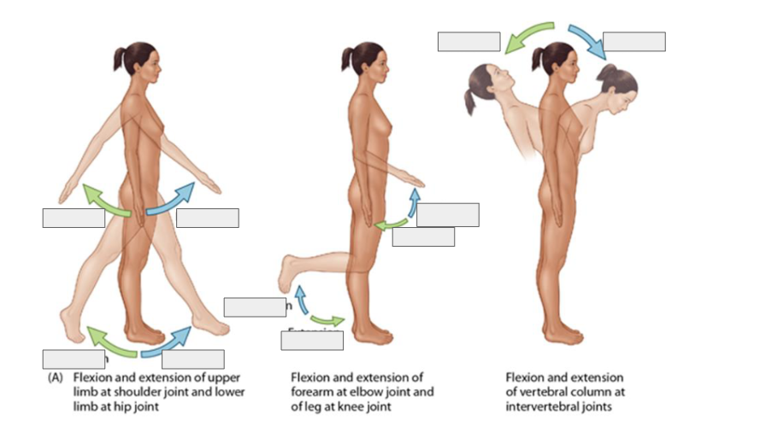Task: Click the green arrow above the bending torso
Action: tap(527, 36)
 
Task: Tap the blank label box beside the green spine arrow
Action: tap(468, 41)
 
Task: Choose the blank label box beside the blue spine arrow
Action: tap(633, 41)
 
